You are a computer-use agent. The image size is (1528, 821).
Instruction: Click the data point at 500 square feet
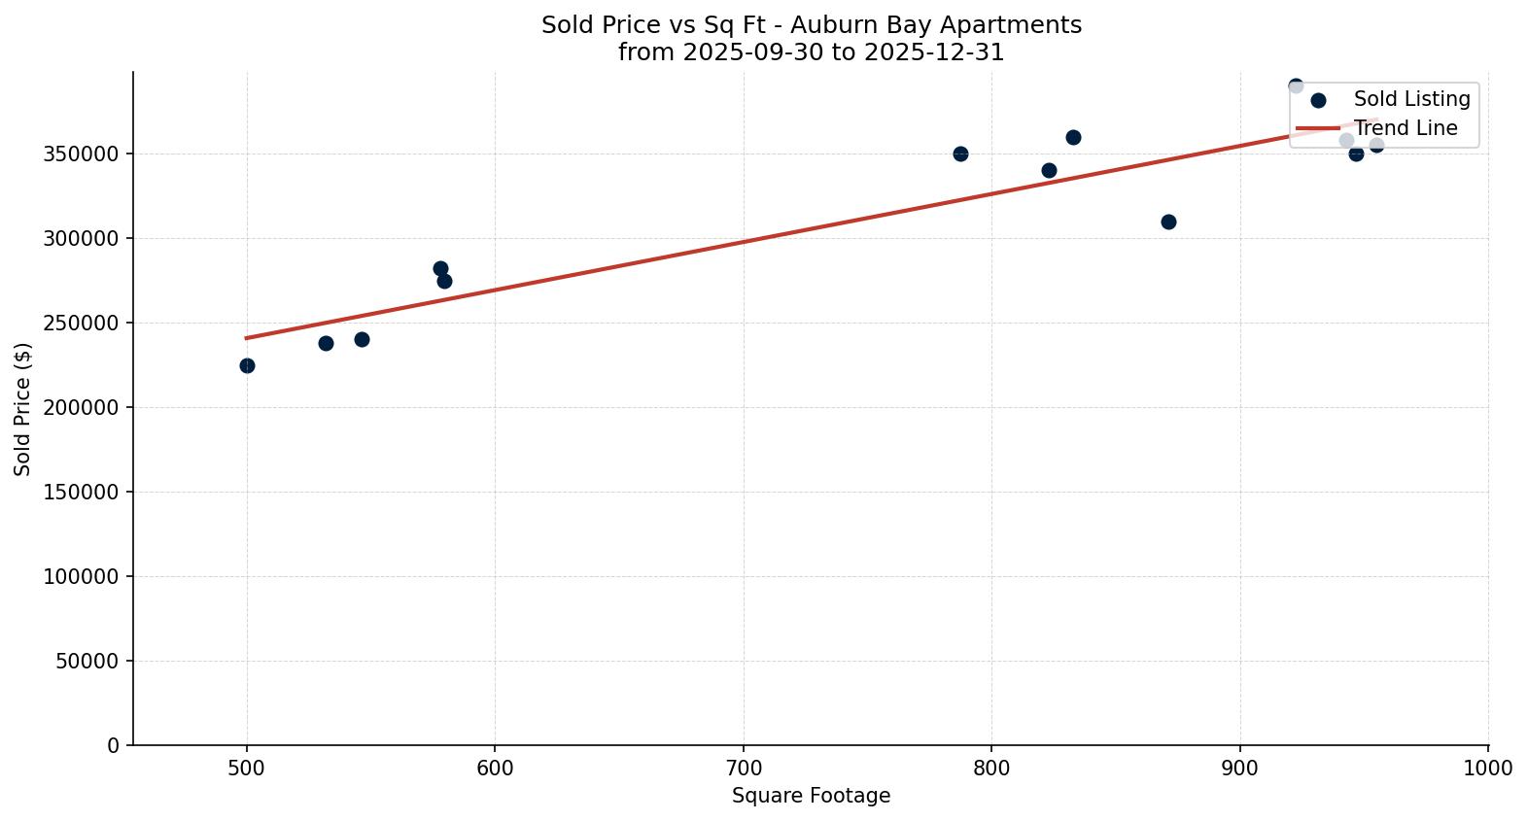(x=247, y=365)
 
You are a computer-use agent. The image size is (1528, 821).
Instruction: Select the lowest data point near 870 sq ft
(x=1168, y=222)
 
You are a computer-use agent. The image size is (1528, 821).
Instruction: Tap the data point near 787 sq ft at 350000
(x=960, y=154)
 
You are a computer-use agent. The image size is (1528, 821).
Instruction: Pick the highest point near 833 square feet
(x=1073, y=137)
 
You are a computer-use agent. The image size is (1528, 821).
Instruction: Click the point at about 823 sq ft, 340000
(x=1049, y=170)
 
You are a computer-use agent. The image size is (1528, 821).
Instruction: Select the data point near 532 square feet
(x=326, y=343)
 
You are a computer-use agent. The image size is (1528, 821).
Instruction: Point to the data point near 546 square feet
(x=362, y=339)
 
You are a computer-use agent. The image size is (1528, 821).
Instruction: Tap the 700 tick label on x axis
(x=744, y=769)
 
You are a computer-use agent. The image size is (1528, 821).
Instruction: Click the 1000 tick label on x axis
(x=1487, y=769)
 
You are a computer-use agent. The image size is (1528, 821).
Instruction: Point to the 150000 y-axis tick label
(x=81, y=492)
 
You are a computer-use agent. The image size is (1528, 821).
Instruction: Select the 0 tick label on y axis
(x=114, y=745)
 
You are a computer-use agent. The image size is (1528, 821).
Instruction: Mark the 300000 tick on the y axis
(x=81, y=238)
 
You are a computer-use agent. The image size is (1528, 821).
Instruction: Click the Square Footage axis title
(x=811, y=796)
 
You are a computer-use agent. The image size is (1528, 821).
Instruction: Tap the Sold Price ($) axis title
(x=22, y=409)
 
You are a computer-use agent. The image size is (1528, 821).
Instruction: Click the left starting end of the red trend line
(x=247, y=338)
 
